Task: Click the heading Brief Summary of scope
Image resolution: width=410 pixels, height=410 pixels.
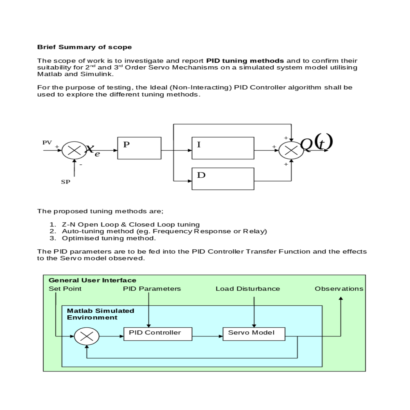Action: (x=84, y=47)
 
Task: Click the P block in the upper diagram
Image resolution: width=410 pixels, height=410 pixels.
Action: (x=139, y=148)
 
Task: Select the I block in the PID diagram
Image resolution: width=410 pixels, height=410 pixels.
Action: (x=223, y=148)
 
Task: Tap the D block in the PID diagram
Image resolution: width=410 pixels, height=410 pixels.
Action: (x=223, y=179)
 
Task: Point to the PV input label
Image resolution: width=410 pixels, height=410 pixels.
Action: (x=47, y=142)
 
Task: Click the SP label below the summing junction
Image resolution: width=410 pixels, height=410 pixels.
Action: (x=66, y=182)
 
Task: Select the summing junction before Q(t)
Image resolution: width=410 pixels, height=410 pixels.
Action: (x=291, y=150)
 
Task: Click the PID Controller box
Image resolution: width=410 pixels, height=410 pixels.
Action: (x=158, y=334)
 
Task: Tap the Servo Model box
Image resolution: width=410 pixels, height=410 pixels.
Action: (x=254, y=334)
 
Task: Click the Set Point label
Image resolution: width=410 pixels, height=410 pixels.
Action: (x=65, y=289)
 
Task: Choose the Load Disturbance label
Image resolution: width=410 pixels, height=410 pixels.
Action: (x=248, y=289)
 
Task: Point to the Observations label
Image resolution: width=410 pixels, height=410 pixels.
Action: (x=339, y=289)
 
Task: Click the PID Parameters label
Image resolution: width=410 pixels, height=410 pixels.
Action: (x=152, y=289)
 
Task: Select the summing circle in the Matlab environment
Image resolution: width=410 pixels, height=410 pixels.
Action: (x=87, y=337)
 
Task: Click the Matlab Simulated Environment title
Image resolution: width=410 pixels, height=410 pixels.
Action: (x=100, y=314)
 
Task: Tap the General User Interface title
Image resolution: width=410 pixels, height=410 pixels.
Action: (x=92, y=281)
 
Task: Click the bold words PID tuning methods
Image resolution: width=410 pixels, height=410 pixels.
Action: (x=245, y=61)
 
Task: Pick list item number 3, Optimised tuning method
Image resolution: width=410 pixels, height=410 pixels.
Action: (x=109, y=238)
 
